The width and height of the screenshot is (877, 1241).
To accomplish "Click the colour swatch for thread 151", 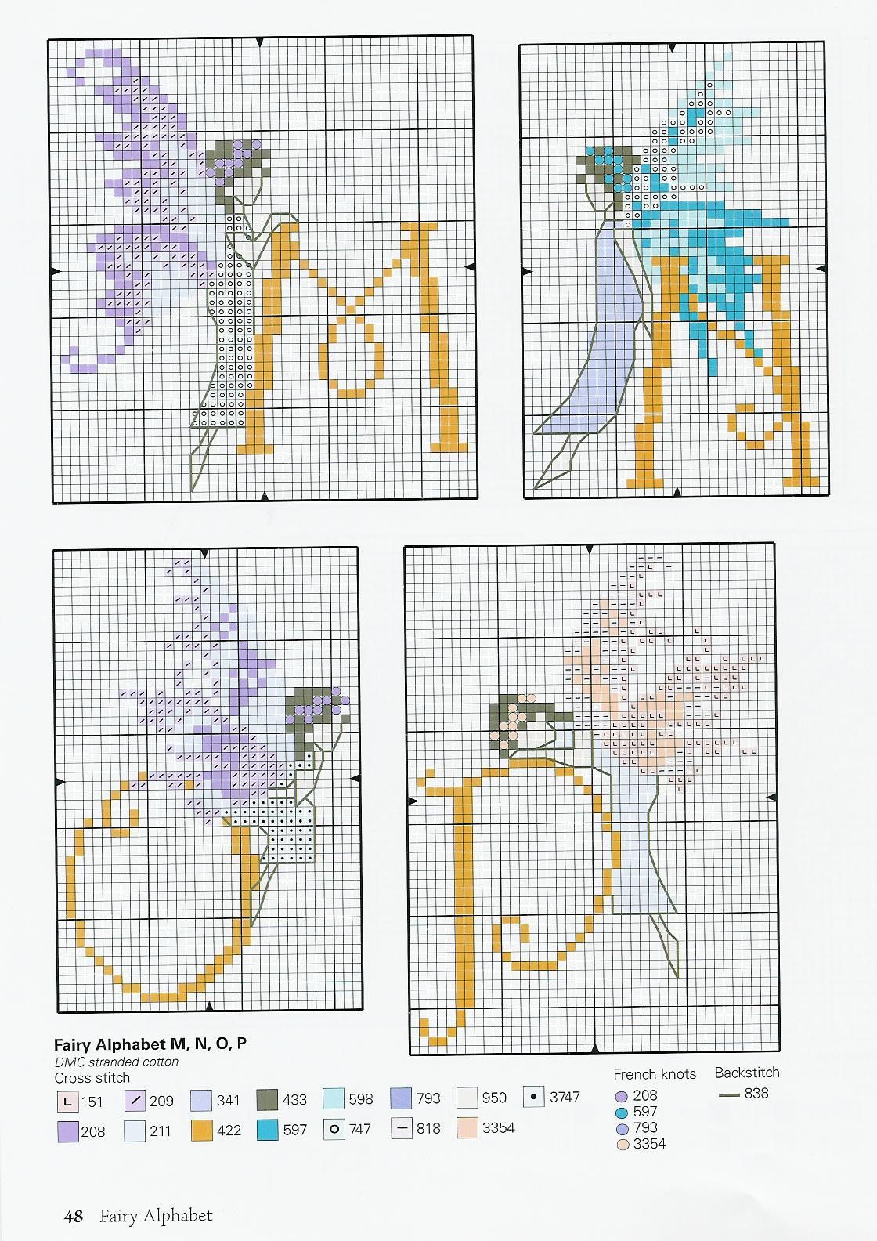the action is click(67, 1102).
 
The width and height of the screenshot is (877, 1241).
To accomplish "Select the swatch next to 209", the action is click(135, 1100).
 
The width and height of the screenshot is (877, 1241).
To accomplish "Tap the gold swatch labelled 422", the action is click(201, 1131).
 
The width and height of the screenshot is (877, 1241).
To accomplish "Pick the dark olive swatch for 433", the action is click(268, 1100).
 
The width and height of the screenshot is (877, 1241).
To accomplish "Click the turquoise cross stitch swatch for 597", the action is click(268, 1130).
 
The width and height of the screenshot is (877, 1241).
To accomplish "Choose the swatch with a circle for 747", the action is click(334, 1129).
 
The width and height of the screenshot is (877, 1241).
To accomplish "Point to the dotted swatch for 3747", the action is click(534, 1096).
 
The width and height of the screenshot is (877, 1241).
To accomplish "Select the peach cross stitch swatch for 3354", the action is click(467, 1127).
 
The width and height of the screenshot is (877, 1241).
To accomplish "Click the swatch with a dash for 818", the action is click(402, 1128).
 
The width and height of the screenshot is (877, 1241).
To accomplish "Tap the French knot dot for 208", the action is click(622, 1096).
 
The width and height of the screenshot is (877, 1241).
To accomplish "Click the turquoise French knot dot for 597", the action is click(622, 1113).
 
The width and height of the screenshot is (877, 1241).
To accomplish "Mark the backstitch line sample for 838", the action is click(729, 1094).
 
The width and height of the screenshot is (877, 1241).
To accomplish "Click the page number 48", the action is click(73, 1216).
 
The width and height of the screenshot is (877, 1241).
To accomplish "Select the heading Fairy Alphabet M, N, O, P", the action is click(150, 1045).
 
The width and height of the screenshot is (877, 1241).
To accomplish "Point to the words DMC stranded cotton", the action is click(116, 1062).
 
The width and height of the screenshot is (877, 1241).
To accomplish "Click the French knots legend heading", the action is click(655, 1074).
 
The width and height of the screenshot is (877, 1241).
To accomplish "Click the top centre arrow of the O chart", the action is click(205, 554).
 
